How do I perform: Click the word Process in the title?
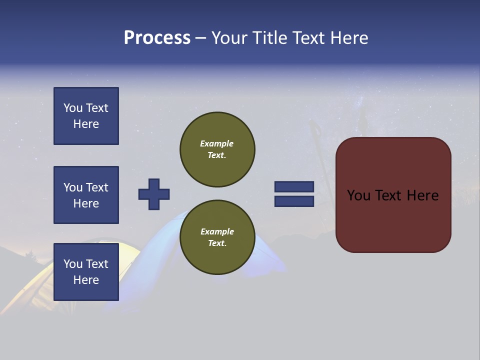tap(157, 38)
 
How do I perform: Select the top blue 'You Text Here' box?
tap(86, 116)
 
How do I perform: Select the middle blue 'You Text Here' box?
tap(86, 195)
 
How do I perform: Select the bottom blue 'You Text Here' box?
tap(86, 271)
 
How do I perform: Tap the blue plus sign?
tap(154, 194)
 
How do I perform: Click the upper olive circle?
tap(217, 149)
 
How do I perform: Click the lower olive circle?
tap(217, 237)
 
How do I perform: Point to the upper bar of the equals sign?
tap(294, 186)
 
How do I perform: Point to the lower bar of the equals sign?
tap(294, 201)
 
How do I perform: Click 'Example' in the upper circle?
tap(216, 143)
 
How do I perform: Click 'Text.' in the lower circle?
tap(217, 243)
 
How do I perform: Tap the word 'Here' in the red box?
tap(422, 195)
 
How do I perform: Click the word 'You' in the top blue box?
tap(73, 108)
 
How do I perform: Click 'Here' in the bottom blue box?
tap(86, 280)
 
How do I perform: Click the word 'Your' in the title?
tap(230, 38)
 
